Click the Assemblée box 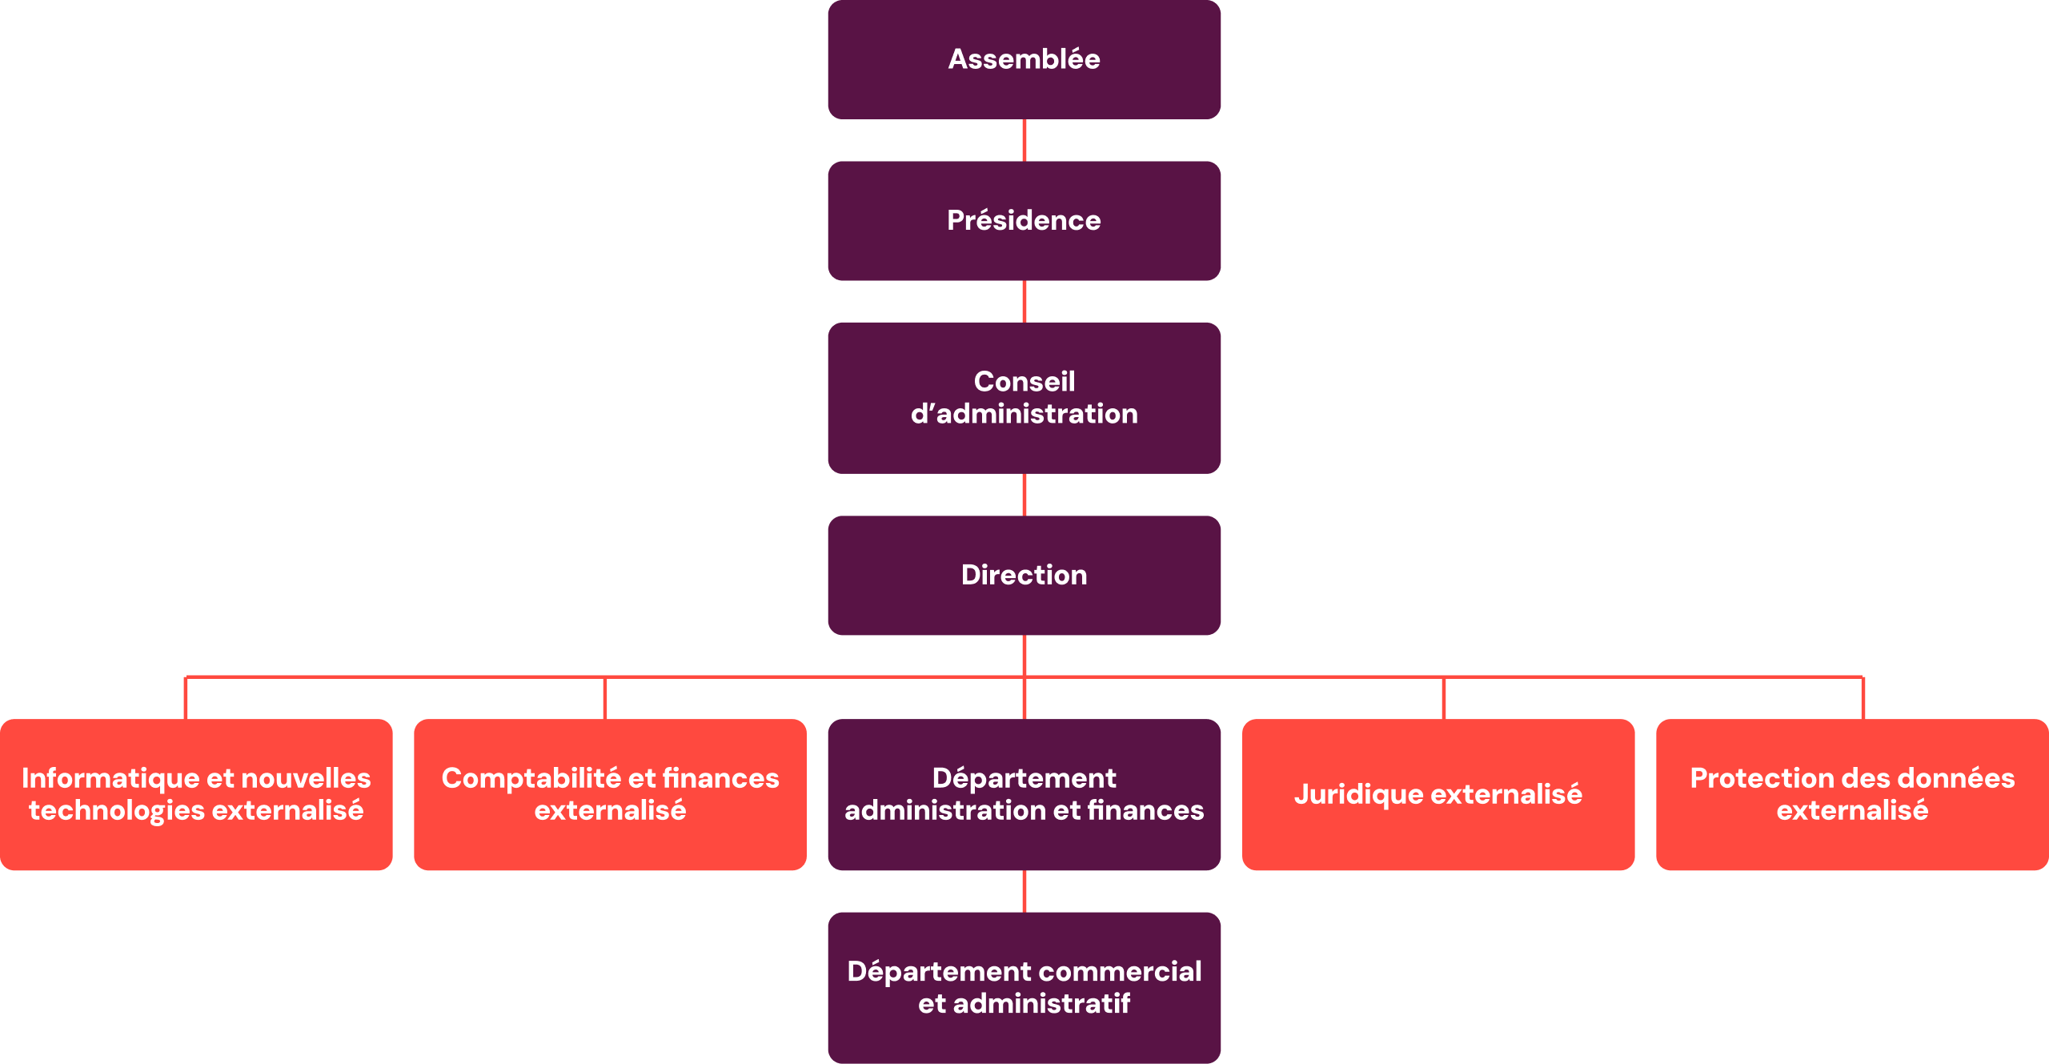coord(1024,59)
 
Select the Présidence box coord(1024,220)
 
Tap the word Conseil coord(1024,381)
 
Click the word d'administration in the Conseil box coord(1024,414)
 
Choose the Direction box coord(1024,575)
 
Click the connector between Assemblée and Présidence coord(1024,140)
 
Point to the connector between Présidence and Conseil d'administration coord(1024,301)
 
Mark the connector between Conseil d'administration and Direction coord(1024,495)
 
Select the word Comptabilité coord(531,778)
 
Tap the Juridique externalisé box coord(1438,794)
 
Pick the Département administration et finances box coord(1024,794)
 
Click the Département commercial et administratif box coord(1024,987)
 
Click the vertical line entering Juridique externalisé coord(1444,698)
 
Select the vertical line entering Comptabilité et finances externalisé coord(605,698)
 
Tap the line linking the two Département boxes coord(1024,891)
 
